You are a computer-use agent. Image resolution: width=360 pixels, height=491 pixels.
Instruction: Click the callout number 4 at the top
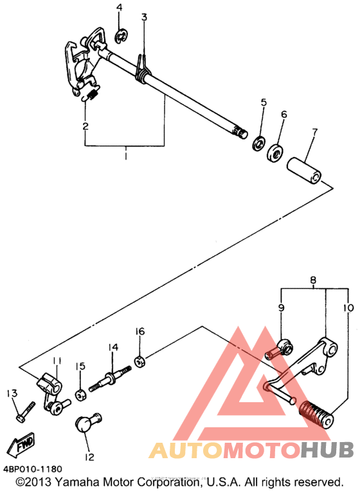click(x=119, y=7)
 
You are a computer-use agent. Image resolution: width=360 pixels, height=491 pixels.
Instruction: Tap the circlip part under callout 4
click(x=120, y=37)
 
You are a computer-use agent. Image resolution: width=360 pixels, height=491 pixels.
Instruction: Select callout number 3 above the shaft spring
click(x=144, y=17)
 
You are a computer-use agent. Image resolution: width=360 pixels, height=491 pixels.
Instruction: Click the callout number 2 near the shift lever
click(x=85, y=125)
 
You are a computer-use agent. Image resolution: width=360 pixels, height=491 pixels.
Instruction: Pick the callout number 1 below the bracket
click(x=125, y=156)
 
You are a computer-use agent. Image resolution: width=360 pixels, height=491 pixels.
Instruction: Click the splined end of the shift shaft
click(x=240, y=133)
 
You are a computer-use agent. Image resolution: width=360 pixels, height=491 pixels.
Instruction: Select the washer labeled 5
click(x=259, y=143)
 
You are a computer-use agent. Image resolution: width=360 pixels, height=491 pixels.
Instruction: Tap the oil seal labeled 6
click(x=275, y=153)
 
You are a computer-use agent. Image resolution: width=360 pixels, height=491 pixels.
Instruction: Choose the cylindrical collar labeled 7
click(x=305, y=171)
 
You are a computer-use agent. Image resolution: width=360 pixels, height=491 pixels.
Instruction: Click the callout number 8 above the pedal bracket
click(x=314, y=280)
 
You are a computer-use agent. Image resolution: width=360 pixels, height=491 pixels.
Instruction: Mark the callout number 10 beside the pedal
click(x=348, y=308)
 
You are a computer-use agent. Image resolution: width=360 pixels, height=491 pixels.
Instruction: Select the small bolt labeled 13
click(x=25, y=412)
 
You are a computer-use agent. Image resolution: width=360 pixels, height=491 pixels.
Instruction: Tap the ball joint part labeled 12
click(x=89, y=423)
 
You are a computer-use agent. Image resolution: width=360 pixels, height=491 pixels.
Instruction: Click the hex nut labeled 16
click(x=139, y=362)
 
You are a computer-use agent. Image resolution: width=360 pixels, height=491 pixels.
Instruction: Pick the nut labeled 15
click(x=81, y=395)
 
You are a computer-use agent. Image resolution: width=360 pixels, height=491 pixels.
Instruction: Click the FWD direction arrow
click(x=21, y=445)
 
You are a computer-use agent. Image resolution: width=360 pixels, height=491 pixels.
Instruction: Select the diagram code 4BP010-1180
click(x=33, y=468)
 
